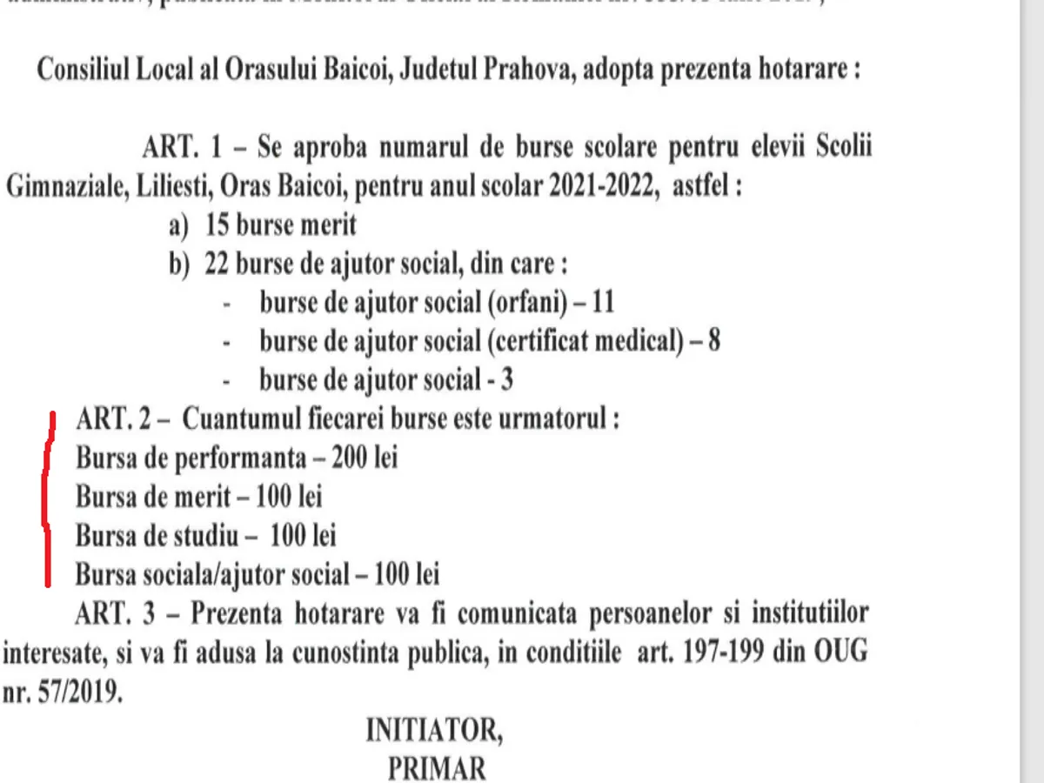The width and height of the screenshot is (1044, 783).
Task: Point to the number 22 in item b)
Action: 218,264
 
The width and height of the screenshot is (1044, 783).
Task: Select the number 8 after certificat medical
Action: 714,340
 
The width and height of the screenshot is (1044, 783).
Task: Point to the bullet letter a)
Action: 178,225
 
